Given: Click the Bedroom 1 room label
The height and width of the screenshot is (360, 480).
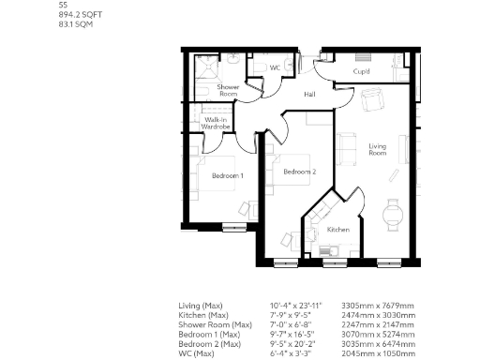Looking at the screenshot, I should tap(227, 175).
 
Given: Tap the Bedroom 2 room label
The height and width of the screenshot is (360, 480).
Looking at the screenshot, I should tap(300, 171).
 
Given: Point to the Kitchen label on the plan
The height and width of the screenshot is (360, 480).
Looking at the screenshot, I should tap(338, 230).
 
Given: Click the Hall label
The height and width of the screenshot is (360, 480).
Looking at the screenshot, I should tap(311, 94).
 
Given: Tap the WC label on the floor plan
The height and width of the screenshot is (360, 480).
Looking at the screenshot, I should tap(276, 68).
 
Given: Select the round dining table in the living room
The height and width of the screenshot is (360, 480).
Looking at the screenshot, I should tap(394, 215).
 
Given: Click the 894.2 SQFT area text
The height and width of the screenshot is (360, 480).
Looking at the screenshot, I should tap(78, 14).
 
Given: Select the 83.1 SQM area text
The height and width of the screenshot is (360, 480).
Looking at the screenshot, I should tap(75, 23).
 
